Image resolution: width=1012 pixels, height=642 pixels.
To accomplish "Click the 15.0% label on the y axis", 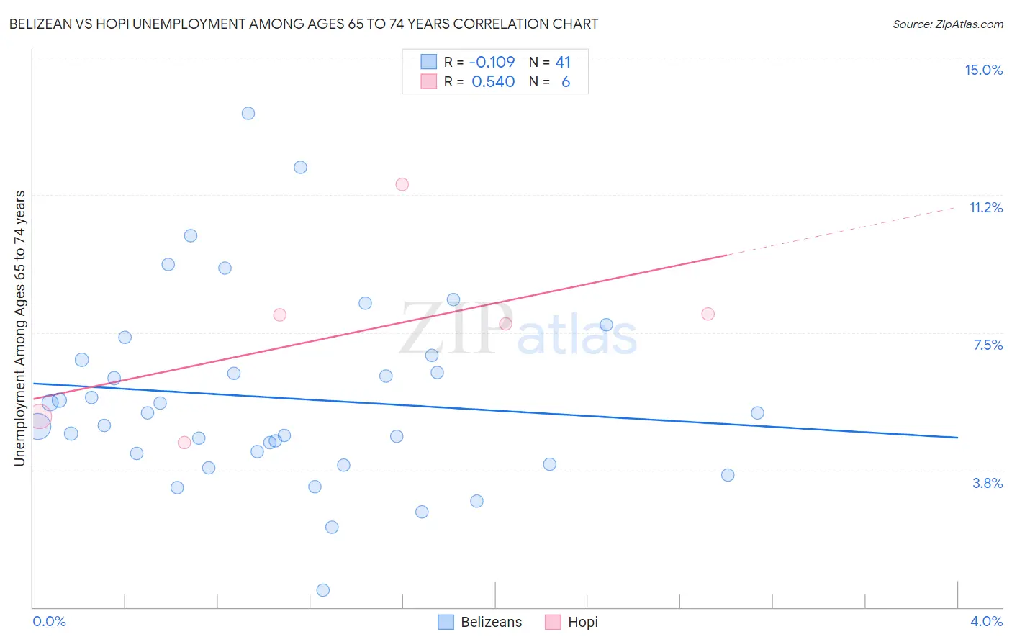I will coord(983,70).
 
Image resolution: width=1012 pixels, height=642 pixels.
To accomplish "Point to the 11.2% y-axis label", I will coord(985,207).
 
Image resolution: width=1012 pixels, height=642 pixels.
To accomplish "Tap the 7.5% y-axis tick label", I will coord(988,345).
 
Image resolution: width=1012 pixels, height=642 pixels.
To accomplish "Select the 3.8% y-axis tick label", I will coord(988,483).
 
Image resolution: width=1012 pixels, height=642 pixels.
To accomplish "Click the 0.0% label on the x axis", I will coord(50,621).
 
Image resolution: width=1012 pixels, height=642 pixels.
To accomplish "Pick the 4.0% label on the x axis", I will coord(986,621).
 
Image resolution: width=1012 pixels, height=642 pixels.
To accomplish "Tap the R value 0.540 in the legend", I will coord(493,82).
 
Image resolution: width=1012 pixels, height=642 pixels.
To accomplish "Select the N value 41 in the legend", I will coord(563,62).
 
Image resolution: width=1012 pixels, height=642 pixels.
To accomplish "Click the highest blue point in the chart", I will coord(248,113).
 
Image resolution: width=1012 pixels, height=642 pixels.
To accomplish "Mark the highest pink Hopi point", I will coord(402,184).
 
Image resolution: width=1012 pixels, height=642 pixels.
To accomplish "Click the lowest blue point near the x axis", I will coord(323,590).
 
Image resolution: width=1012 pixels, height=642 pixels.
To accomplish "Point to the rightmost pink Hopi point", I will coord(708,314).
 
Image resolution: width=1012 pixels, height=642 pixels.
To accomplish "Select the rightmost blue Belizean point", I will coord(757,413).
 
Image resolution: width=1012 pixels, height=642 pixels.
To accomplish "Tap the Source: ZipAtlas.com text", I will coord(947,24).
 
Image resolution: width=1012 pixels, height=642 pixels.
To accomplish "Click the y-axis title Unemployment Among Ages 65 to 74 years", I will coord(19,328).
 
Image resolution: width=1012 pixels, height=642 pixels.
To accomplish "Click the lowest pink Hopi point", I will coord(184,443).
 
